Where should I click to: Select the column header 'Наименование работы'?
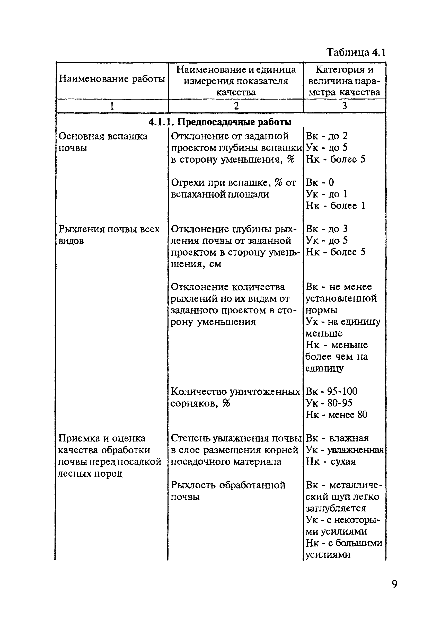112,79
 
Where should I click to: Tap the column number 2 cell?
236,106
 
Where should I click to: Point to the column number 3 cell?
344,105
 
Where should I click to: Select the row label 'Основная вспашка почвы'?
103,142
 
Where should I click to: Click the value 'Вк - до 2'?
327,136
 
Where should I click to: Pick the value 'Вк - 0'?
320,182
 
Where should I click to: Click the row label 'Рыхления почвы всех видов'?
109,235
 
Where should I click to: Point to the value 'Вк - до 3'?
327,229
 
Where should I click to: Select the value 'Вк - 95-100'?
331,391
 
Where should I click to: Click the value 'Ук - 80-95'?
329,403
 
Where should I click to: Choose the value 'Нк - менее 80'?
336,414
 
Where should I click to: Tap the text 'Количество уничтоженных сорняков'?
235,397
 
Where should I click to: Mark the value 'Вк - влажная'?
337,438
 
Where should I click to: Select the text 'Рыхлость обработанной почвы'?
228,491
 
